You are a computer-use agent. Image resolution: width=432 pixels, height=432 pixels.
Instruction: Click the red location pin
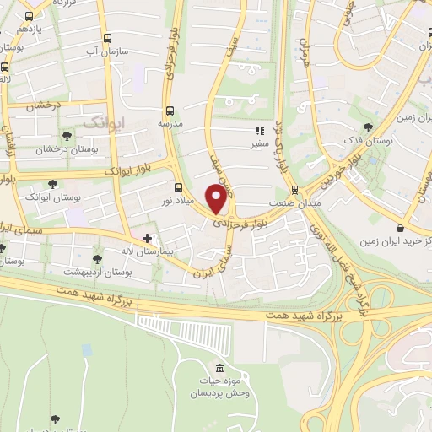pos(217,199)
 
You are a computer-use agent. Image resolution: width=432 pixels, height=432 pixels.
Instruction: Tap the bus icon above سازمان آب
pos(106,38)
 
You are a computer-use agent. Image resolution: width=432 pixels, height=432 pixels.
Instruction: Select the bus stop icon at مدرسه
pos(170,110)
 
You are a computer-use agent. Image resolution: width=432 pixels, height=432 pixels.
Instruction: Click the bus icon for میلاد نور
pos(177,187)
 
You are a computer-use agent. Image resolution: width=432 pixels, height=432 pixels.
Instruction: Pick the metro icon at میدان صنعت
pos(294,190)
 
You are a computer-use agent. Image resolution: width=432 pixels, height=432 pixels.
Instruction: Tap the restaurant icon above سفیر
pos(261,131)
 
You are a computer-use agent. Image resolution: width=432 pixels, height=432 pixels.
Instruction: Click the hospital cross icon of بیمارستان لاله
pos(148,239)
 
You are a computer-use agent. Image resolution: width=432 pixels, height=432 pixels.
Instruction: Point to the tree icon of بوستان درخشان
pos(67,136)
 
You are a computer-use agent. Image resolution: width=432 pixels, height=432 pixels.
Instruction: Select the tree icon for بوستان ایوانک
pos(52,183)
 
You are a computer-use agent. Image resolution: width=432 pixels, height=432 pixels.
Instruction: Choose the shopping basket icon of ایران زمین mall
pos(400,227)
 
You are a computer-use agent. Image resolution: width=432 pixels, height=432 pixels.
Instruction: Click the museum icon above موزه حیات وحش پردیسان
pos(220,369)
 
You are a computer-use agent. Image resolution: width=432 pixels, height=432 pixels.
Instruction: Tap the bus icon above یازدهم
pos(30,16)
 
